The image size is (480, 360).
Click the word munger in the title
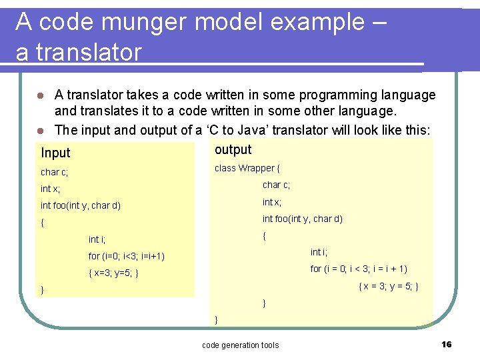click(149, 22)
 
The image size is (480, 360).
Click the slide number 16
click(447, 344)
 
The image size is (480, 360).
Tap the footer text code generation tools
click(240, 345)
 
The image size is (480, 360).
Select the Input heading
click(55, 153)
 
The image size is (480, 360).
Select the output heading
click(233, 149)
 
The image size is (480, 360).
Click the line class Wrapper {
click(247, 168)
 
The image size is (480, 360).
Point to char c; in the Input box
click(55, 172)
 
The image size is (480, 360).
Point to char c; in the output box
click(276, 185)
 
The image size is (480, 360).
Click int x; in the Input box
click(51, 189)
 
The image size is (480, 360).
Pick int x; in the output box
click(272, 202)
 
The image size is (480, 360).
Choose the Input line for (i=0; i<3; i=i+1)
click(126, 256)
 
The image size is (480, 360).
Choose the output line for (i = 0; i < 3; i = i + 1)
click(359, 269)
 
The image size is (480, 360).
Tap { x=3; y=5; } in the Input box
click(113, 273)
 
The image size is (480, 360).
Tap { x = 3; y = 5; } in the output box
click(388, 286)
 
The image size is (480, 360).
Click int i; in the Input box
click(97, 239)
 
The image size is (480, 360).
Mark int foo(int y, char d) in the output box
click(302, 219)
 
